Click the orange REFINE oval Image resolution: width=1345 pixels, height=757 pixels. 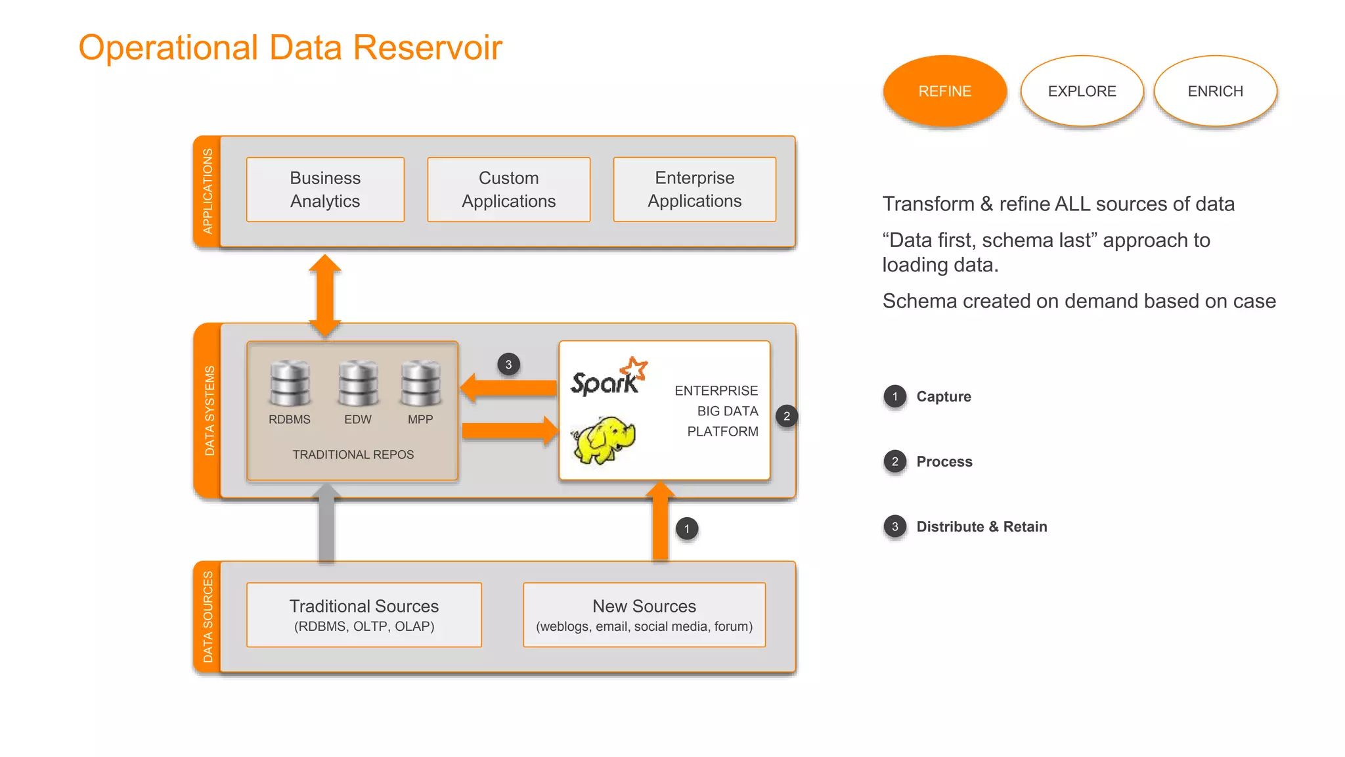[x=944, y=91]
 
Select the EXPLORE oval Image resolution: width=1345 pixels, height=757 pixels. [x=1082, y=91]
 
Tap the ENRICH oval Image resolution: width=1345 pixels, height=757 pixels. [x=1215, y=91]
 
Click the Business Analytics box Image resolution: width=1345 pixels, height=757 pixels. [x=325, y=189]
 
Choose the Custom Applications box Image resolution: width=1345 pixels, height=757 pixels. [x=508, y=189]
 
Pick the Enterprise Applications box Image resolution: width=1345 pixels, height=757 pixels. [x=694, y=189]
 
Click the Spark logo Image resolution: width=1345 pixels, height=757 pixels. [x=608, y=377]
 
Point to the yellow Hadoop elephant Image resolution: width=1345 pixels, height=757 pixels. [x=604, y=439]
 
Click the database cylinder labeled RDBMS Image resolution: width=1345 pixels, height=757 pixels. [x=290, y=383]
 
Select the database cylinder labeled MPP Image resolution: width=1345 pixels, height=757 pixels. [x=421, y=383]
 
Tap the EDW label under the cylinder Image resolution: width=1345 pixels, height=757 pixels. [x=358, y=419]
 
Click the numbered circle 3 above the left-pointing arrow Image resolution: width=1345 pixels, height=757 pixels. [x=508, y=365]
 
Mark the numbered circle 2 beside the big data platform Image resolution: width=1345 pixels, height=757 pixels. [x=786, y=416]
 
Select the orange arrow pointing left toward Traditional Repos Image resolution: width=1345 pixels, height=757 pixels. [x=508, y=388]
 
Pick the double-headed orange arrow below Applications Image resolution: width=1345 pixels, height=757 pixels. [x=325, y=295]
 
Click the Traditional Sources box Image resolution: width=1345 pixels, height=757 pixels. [x=364, y=614]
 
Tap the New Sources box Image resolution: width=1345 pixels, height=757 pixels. [x=644, y=614]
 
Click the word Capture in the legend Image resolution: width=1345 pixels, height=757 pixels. [x=943, y=396]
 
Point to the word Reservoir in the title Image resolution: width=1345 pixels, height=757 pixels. [x=427, y=47]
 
